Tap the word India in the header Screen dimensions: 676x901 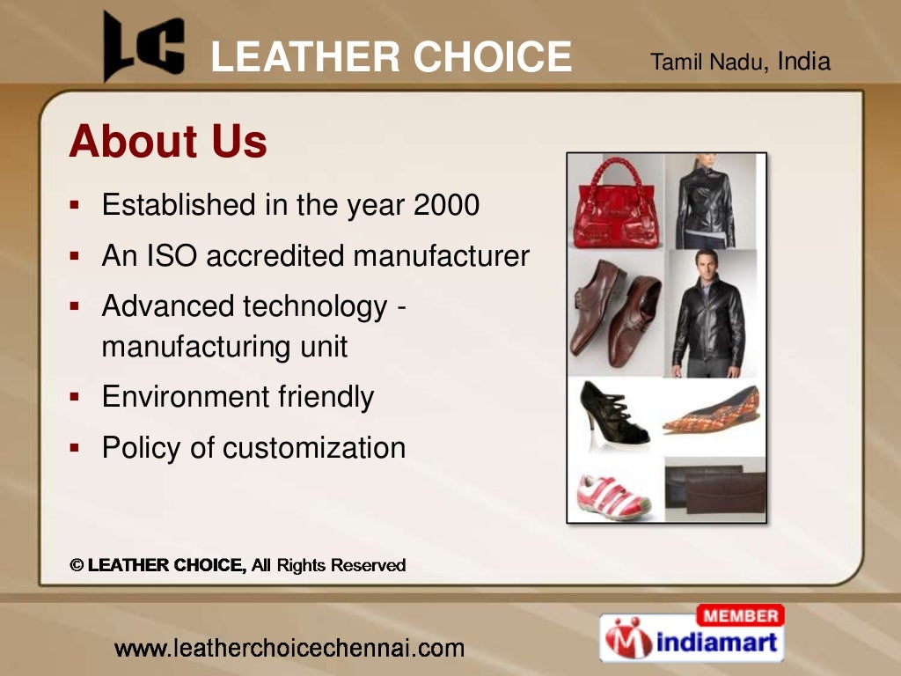pyautogui.click(x=804, y=62)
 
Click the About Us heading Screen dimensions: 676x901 pyautogui.click(x=167, y=141)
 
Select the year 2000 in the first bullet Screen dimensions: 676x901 pyautogui.click(x=446, y=205)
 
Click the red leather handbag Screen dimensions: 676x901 pyautogui.click(x=616, y=204)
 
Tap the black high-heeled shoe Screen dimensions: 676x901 pyautogui.click(x=612, y=414)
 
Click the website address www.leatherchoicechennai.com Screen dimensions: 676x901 pyautogui.click(x=289, y=650)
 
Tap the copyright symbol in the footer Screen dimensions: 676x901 pyautogui.click(x=77, y=566)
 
